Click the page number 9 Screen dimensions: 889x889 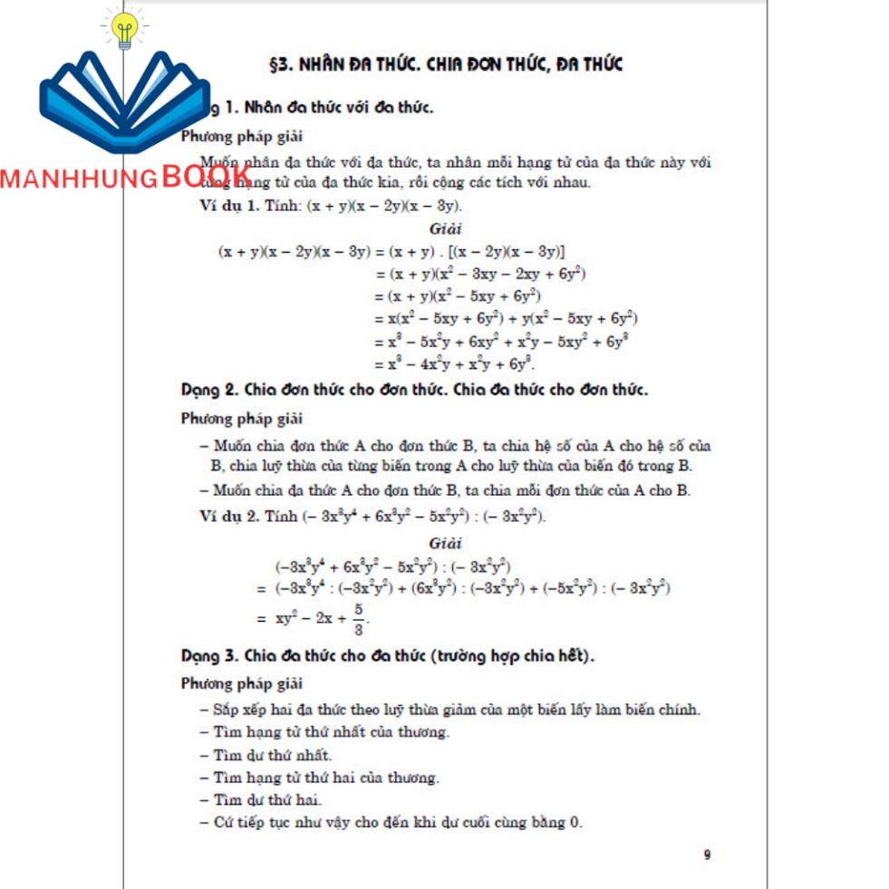tap(707, 855)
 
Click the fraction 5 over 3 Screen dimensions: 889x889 tap(359, 621)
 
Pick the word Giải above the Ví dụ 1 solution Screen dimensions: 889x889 tap(446, 229)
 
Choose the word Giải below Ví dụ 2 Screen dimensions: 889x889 tap(446, 544)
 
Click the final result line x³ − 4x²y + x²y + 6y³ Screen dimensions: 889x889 tap(455, 364)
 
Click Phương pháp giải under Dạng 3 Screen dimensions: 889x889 tap(242, 683)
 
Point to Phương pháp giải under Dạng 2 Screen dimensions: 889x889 tap(242, 419)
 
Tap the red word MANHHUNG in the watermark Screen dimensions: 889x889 tap(79, 179)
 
